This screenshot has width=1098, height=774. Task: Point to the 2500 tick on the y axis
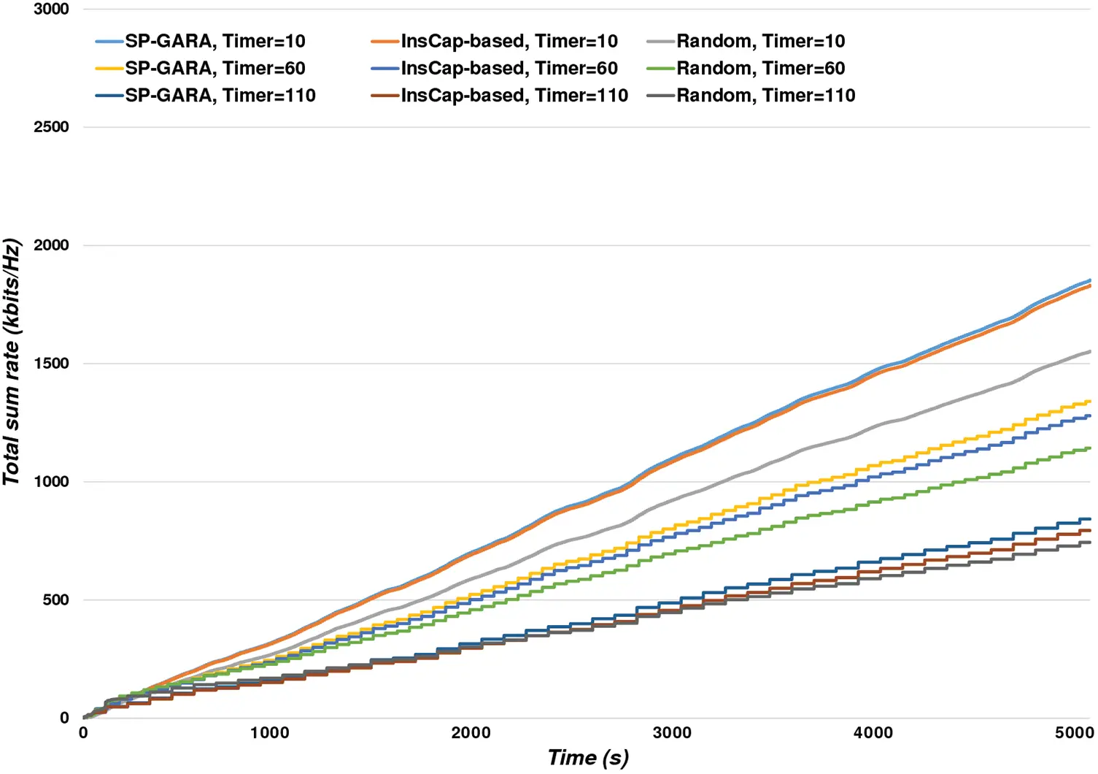click(51, 126)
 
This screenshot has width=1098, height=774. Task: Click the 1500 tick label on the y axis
click(51, 363)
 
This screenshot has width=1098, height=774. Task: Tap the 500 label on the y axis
click(55, 599)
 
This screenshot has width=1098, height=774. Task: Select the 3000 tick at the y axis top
click(51, 9)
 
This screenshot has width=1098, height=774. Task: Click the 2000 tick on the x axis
click(471, 732)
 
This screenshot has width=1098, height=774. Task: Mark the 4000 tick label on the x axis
click(873, 732)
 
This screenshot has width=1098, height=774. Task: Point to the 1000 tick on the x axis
click(270, 732)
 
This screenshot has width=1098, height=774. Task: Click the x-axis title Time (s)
click(588, 758)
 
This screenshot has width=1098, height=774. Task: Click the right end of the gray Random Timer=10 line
click(1090, 351)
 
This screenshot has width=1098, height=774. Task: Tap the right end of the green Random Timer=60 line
click(1090, 448)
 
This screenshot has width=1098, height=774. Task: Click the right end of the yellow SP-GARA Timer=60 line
click(1090, 401)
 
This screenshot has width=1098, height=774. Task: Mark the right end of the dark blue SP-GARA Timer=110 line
click(1090, 519)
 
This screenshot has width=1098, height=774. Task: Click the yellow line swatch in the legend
click(109, 68)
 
